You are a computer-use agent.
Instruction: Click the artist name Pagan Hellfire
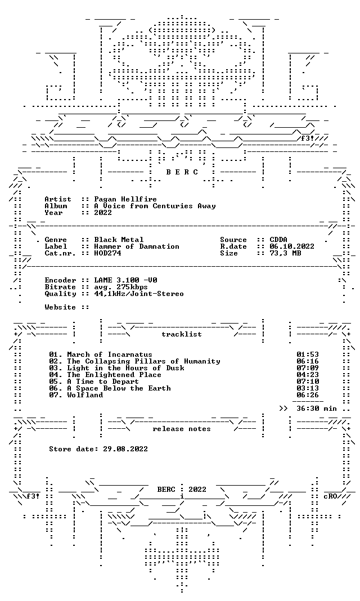point(125,199)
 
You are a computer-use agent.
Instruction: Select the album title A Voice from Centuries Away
point(155,206)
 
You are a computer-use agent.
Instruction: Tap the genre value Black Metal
point(119,240)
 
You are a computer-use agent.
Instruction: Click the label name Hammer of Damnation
point(137,246)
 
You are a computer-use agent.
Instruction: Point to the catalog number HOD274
point(107,253)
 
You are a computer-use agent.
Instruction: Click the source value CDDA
point(278,240)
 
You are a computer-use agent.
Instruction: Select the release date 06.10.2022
point(292,246)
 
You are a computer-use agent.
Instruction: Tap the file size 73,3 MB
point(285,253)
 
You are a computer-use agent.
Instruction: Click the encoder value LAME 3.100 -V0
point(125,280)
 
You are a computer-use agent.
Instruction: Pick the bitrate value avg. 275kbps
point(121,287)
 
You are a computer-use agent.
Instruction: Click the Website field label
point(60,307)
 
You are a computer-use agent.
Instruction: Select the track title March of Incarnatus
point(110,355)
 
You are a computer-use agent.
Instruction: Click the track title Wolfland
point(85,395)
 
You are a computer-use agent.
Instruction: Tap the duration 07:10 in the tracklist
point(308,382)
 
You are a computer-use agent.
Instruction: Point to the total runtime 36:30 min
point(317,409)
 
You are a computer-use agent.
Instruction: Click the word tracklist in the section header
point(182,334)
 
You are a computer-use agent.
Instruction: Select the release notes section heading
point(182,429)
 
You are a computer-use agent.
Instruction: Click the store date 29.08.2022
point(125,449)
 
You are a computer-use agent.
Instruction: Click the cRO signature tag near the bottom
point(330,496)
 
